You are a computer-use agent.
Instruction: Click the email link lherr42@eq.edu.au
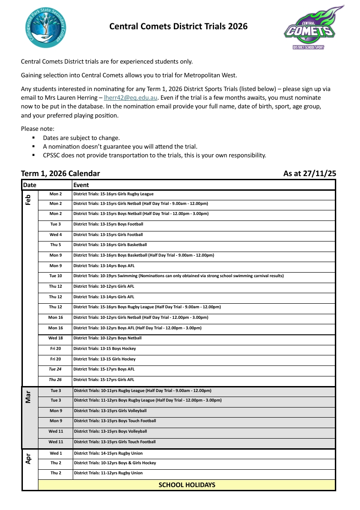pyautogui.click(x=131, y=97)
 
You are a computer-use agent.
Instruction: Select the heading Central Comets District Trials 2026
pyautogui.click(x=178, y=27)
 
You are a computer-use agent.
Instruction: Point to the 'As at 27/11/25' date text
pyautogui.click(x=310, y=173)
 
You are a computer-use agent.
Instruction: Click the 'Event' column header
pyautogui.click(x=81, y=185)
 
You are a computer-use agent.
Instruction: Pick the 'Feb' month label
pyautogui.click(x=28, y=200)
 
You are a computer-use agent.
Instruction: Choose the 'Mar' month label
pyautogui.click(x=28, y=397)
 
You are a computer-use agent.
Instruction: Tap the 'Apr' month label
pyautogui.click(x=28, y=459)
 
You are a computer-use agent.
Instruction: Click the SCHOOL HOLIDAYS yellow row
pyautogui.click(x=187, y=485)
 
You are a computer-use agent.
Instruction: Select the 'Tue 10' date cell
pyautogui.click(x=55, y=276)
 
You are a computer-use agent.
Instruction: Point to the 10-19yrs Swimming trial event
pyautogui.click(x=178, y=276)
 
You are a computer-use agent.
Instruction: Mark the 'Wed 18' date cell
pyautogui.click(x=55, y=338)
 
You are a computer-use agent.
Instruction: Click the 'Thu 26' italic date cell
pyautogui.click(x=55, y=380)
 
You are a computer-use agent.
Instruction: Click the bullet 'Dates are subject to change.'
pyautogui.click(x=81, y=138)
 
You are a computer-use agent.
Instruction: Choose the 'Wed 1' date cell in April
pyautogui.click(x=56, y=453)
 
